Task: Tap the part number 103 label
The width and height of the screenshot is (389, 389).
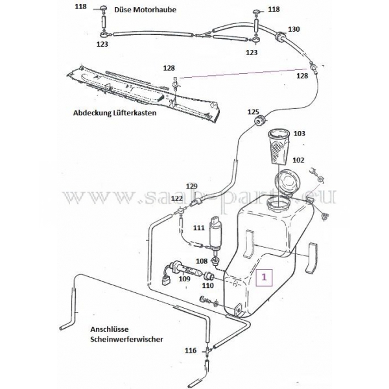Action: point(299,134)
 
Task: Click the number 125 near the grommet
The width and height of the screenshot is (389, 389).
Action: point(253,112)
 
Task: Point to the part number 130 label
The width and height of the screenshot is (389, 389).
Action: point(294,30)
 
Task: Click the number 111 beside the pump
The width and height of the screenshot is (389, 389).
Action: point(198,228)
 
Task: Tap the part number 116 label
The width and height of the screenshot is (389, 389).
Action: point(190,350)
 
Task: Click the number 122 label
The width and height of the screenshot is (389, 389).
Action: point(177,198)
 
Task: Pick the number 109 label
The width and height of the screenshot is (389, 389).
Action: point(184,279)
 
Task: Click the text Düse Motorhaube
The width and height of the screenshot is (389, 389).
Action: point(145,10)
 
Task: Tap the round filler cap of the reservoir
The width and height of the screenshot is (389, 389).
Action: point(285,183)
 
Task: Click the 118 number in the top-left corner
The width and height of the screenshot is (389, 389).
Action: point(80,6)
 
